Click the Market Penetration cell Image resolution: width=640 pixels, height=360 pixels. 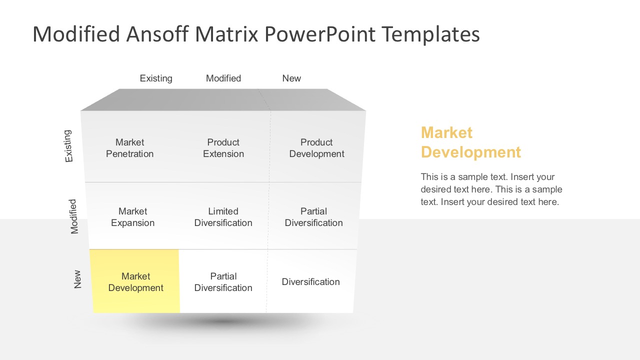click(x=129, y=148)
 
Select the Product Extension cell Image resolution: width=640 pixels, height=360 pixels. click(x=223, y=148)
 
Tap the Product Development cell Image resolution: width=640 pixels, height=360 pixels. click(x=316, y=148)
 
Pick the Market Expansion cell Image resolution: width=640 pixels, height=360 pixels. click(x=132, y=217)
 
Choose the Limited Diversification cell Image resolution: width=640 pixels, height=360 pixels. click(x=223, y=217)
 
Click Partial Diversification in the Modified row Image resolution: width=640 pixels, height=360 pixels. click(x=313, y=217)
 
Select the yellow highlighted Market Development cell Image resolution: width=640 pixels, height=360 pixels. click(x=135, y=282)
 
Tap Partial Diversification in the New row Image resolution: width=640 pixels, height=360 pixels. click(x=223, y=282)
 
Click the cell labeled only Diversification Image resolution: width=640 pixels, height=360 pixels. click(x=310, y=282)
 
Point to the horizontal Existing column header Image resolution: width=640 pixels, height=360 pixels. click(x=156, y=78)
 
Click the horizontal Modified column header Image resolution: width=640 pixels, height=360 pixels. click(x=223, y=78)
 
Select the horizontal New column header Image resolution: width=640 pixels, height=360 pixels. click(x=291, y=78)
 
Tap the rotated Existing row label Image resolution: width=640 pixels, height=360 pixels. click(x=68, y=146)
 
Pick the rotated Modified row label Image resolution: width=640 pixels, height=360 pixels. click(x=74, y=216)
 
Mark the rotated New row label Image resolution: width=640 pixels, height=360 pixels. click(x=77, y=279)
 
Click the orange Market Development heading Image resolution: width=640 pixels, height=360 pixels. click(x=470, y=142)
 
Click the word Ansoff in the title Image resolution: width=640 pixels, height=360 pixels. click(x=158, y=34)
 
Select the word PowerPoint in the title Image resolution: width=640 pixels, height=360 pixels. click(x=320, y=34)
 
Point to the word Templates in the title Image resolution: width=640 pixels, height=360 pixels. click(x=430, y=34)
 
